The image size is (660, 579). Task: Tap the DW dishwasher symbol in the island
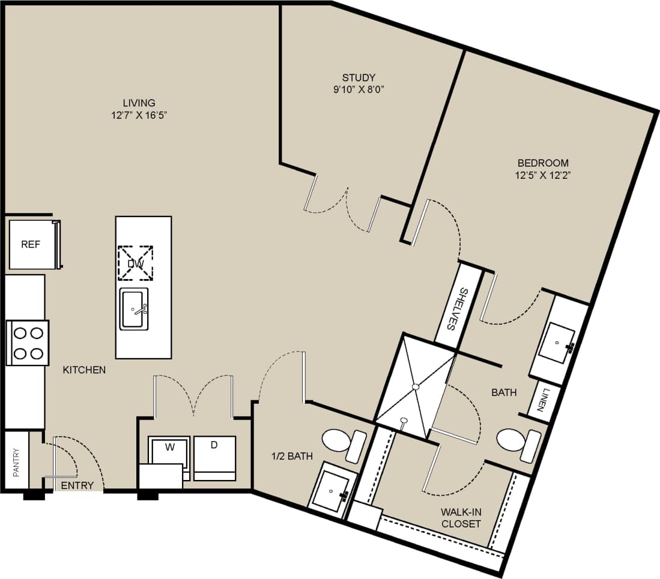pyautogui.click(x=135, y=263)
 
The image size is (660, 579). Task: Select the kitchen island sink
pyautogui.click(x=134, y=309)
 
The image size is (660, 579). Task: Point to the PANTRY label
pyautogui.click(x=16, y=462)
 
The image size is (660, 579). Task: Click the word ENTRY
pyautogui.click(x=77, y=485)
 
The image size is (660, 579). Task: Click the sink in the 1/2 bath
pyautogui.click(x=332, y=490)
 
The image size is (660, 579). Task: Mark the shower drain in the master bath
pyautogui.click(x=415, y=387)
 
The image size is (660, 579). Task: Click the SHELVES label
pyautogui.click(x=458, y=309)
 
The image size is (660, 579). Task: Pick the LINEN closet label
pyautogui.click(x=543, y=401)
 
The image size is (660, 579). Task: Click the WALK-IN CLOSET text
pyautogui.click(x=461, y=517)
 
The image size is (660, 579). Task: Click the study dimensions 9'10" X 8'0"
pyautogui.click(x=359, y=89)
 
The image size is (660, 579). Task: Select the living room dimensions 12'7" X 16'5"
pyautogui.click(x=139, y=115)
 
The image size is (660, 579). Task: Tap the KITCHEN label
pyautogui.click(x=84, y=370)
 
